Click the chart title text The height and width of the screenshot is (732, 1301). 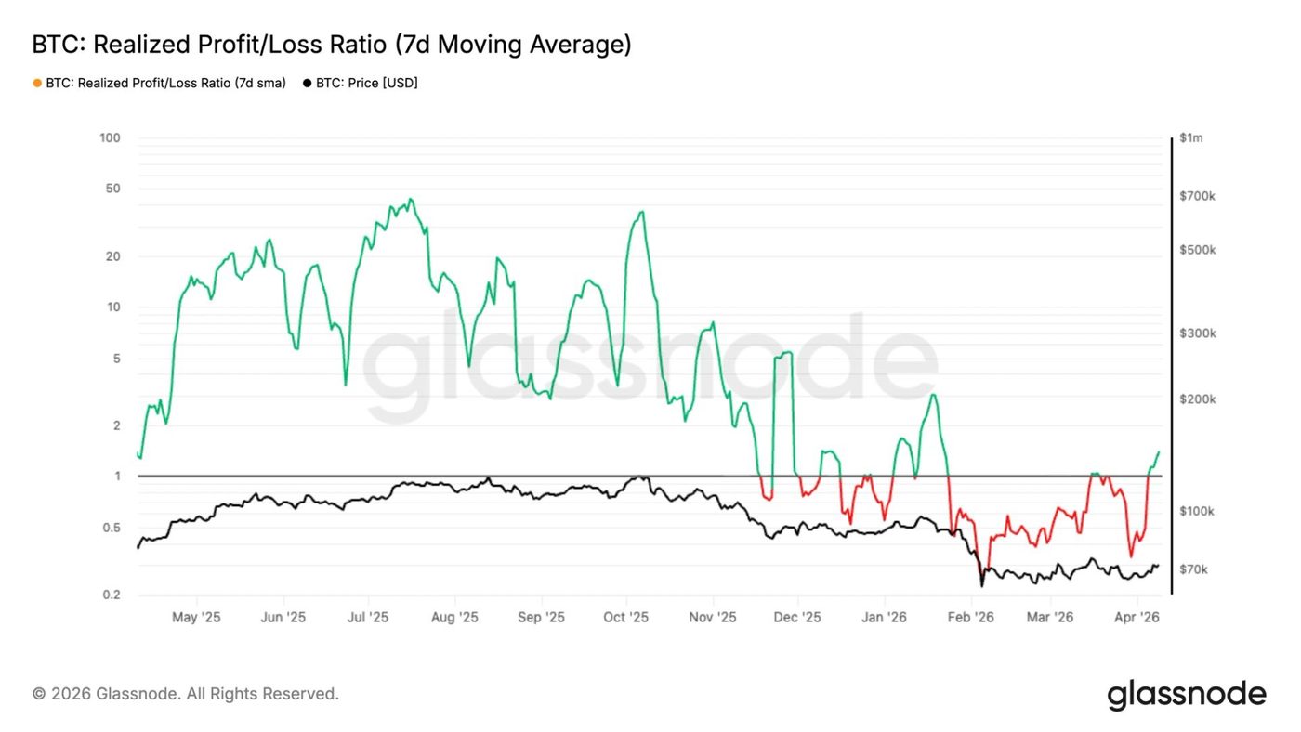click(x=332, y=45)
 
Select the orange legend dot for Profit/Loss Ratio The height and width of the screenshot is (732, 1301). click(x=37, y=83)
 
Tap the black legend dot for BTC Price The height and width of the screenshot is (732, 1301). click(x=307, y=83)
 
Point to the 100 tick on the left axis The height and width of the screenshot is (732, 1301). click(x=111, y=138)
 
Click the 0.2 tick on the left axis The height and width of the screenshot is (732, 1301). click(x=112, y=595)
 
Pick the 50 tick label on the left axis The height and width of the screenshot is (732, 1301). click(x=113, y=189)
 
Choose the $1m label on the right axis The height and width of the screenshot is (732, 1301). click(x=1190, y=138)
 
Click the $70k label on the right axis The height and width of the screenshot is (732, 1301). click(x=1193, y=569)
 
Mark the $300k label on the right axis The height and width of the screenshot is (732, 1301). click(x=1197, y=333)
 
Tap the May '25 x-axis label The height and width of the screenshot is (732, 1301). click(x=197, y=617)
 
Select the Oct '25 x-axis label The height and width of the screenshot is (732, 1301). click(x=625, y=617)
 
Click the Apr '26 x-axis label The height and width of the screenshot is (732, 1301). click(x=1136, y=617)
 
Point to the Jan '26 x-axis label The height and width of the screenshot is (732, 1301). click(x=884, y=617)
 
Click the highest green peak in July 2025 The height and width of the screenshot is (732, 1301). click(x=411, y=199)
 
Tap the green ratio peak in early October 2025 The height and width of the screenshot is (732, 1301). click(x=641, y=212)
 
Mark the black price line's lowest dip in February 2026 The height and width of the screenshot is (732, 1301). click(x=981, y=585)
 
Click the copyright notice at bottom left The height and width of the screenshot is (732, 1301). click(x=186, y=694)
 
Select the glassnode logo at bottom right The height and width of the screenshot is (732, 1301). click(x=1187, y=695)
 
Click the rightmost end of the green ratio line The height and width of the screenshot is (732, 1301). click(x=1159, y=452)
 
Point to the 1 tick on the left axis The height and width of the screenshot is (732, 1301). click(x=117, y=477)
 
